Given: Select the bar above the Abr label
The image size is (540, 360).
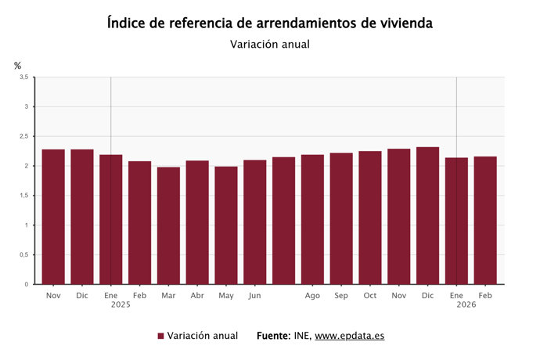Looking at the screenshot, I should pos(197,222).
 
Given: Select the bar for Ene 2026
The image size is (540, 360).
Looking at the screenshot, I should pos(456,221).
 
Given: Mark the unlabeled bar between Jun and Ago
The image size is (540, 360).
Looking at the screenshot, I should pos(283,221).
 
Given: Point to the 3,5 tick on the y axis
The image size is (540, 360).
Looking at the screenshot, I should pos(23,77).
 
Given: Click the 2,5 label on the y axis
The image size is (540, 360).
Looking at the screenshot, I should pos(23,136).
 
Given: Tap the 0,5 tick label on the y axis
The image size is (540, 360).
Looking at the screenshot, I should pos(23,255).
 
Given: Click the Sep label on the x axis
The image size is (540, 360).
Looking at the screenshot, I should pos(341,295).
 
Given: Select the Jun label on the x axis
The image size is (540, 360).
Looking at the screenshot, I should pos(254,295).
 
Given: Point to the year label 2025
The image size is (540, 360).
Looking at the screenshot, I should pos(121,304).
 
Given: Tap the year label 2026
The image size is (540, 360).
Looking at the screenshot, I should pos(466,304).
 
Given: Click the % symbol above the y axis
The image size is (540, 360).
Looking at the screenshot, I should pos(17,66).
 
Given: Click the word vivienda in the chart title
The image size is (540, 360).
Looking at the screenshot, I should pos(402,23).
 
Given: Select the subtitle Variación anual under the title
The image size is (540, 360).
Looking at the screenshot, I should pos(270,44).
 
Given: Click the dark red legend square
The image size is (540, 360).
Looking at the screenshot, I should pos(160,336).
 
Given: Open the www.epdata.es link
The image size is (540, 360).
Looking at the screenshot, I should pos(349,336).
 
